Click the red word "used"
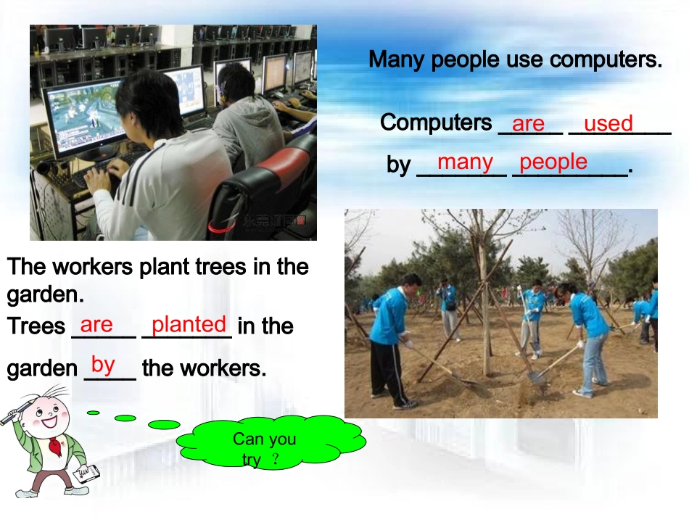coord(608,124)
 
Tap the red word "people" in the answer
coord(553,162)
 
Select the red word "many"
coord(465,162)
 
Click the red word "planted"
coord(189,324)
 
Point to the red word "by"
coord(103,364)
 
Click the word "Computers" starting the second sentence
coord(436,123)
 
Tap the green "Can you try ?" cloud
coord(268,444)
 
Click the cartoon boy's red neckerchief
coord(55,446)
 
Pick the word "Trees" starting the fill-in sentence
coord(36,327)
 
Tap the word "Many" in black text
coord(397,60)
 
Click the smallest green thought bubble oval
coord(94,413)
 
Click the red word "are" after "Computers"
coord(528,124)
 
